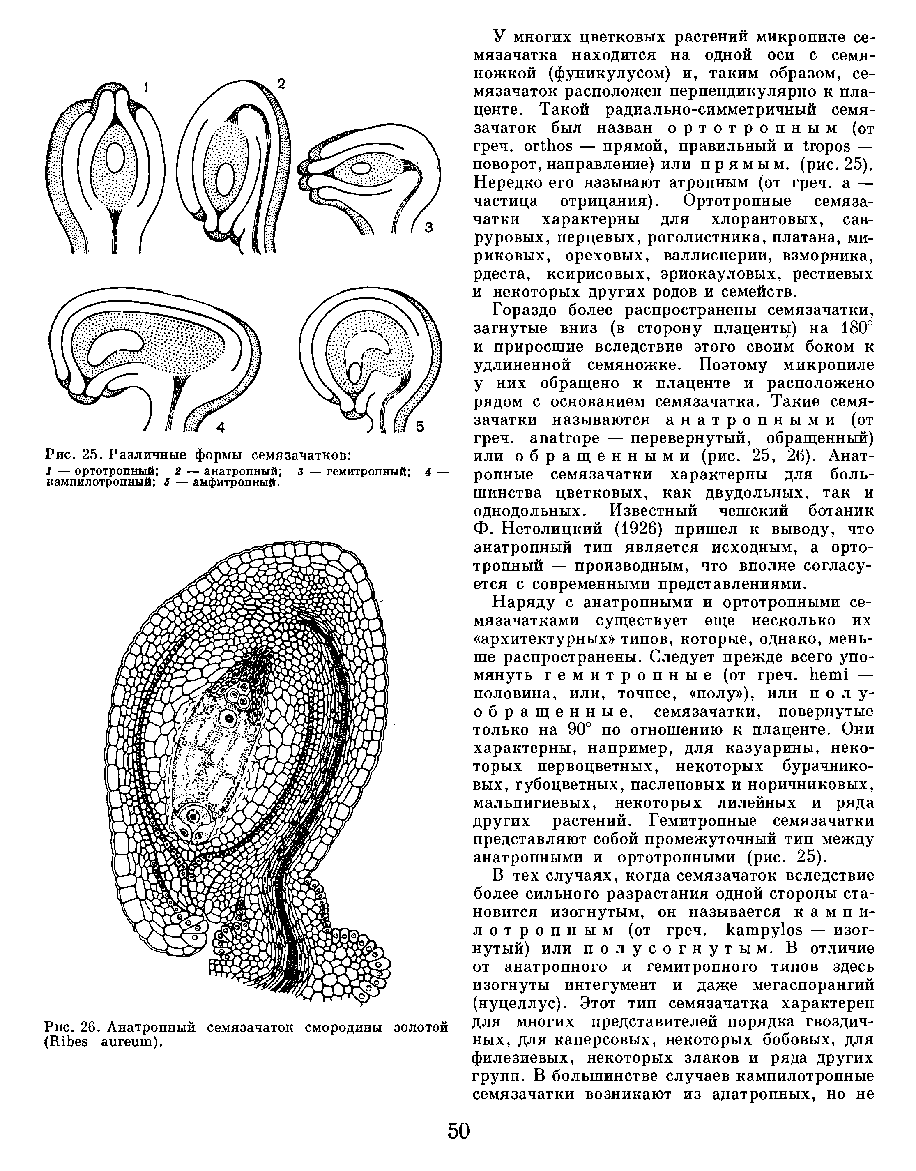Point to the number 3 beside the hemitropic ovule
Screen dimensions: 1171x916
pyautogui.click(x=428, y=228)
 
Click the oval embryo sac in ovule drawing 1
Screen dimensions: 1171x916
pyautogui.click(x=115, y=158)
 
